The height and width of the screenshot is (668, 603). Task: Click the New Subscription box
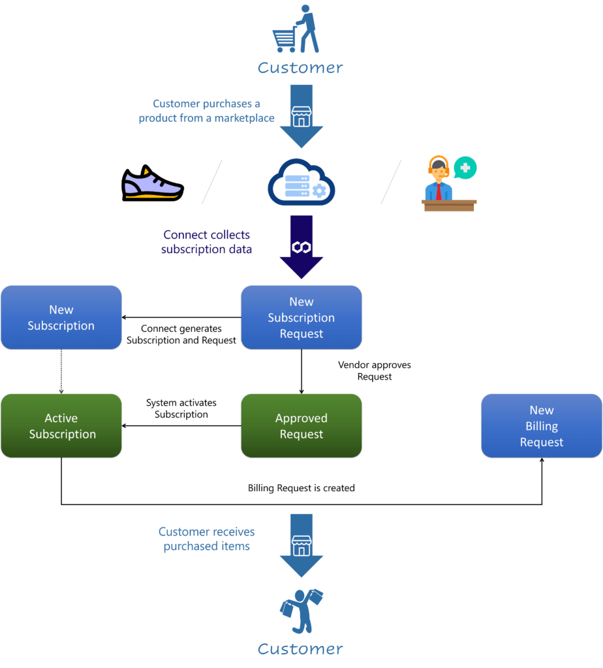(61, 317)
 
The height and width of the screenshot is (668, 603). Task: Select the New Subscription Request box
(301, 317)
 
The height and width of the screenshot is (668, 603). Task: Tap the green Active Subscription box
(61, 425)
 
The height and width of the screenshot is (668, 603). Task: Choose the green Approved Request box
(301, 425)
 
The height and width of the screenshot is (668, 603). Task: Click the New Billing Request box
(541, 425)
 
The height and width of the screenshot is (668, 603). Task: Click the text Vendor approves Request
(375, 371)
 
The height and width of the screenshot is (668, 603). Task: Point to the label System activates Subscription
(181, 408)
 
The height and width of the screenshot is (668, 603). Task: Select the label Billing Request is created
(301, 487)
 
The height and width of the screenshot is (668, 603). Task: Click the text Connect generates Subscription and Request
(181, 334)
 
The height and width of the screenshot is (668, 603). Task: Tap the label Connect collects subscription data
(206, 241)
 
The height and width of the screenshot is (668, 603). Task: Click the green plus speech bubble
(465, 168)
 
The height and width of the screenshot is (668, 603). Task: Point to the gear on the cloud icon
(319, 190)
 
